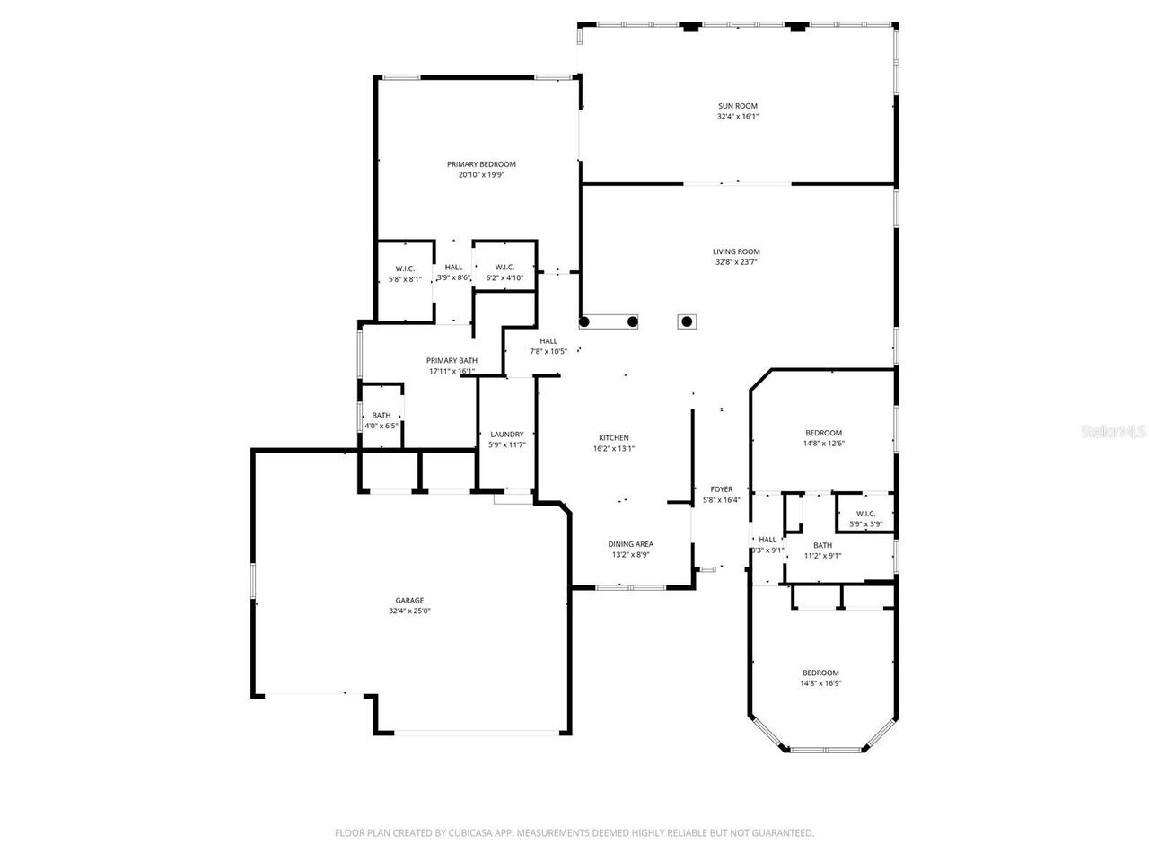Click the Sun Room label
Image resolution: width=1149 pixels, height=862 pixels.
click(737, 106)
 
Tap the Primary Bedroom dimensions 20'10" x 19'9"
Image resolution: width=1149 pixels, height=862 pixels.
click(481, 176)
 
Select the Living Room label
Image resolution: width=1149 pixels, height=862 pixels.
click(736, 251)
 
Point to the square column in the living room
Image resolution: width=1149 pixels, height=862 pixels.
click(687, 321)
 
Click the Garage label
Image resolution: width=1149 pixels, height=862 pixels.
click(409, 601)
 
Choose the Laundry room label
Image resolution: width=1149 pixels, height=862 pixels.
click(506, 435)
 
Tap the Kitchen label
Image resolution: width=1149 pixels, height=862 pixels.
click(614, 438)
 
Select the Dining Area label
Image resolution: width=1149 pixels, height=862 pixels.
click(630, 544)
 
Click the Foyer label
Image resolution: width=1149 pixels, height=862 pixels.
click(721, 489)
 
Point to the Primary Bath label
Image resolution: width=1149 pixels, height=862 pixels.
click(452, 360)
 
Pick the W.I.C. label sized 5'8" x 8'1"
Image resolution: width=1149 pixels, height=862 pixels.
click(405, 268)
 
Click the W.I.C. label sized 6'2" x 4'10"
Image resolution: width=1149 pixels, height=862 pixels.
click(504, 267)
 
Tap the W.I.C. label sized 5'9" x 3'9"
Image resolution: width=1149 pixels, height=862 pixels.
click(865, 514)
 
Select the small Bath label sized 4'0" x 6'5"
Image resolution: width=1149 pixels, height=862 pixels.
click(382, 415)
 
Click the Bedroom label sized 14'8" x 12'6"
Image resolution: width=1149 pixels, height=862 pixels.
click(823, 433)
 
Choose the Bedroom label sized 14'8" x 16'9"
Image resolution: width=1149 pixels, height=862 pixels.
click(820, 673)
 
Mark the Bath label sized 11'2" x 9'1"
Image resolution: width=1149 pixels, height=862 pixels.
click(822, 545)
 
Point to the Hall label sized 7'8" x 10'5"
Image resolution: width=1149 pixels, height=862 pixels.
click(548, 341)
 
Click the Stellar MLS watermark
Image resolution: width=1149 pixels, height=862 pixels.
click(1113, 432)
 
